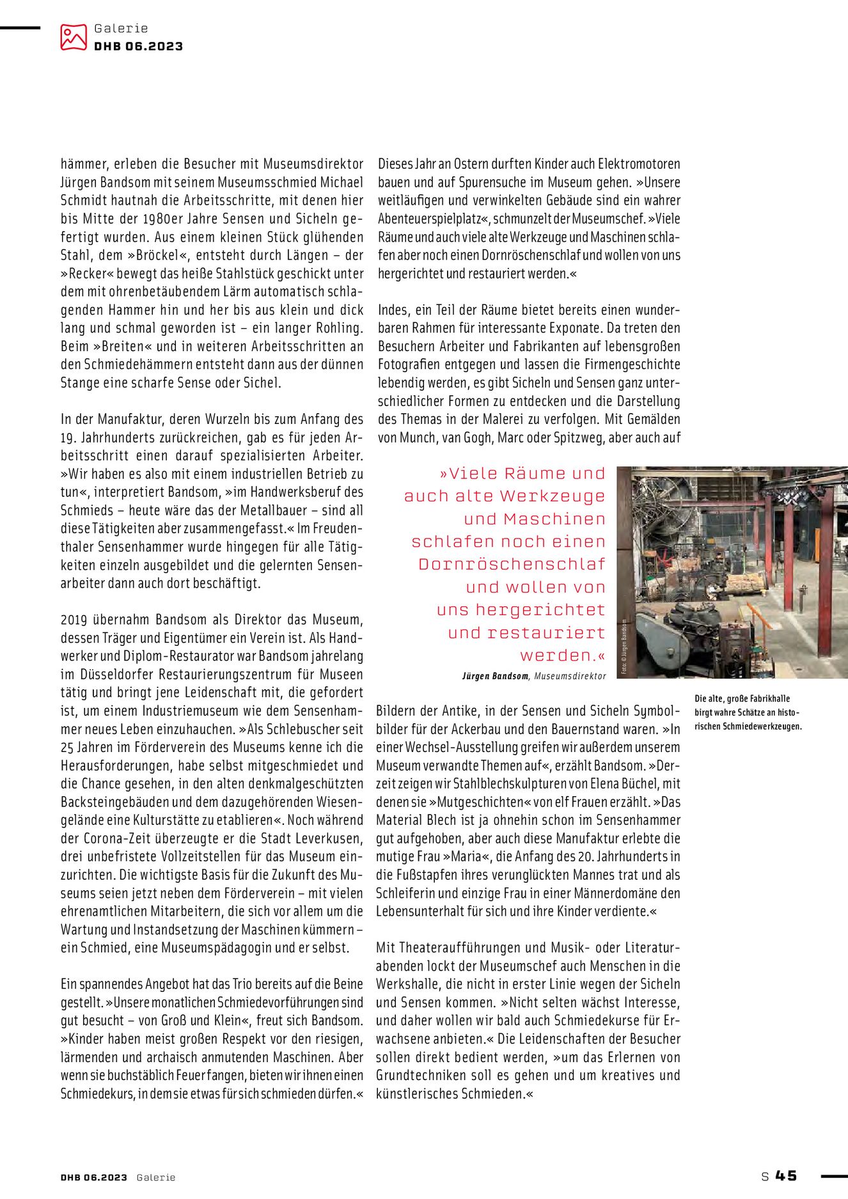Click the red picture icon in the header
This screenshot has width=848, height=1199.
pos(74,37)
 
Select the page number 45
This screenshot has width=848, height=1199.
pos(786,1176)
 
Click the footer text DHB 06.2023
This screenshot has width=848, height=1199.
pos(94,1177)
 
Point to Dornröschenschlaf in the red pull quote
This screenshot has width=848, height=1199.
pos(512,565)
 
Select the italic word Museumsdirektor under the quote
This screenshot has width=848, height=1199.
pos(570,676)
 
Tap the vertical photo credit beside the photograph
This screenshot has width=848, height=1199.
pos(624,647)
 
